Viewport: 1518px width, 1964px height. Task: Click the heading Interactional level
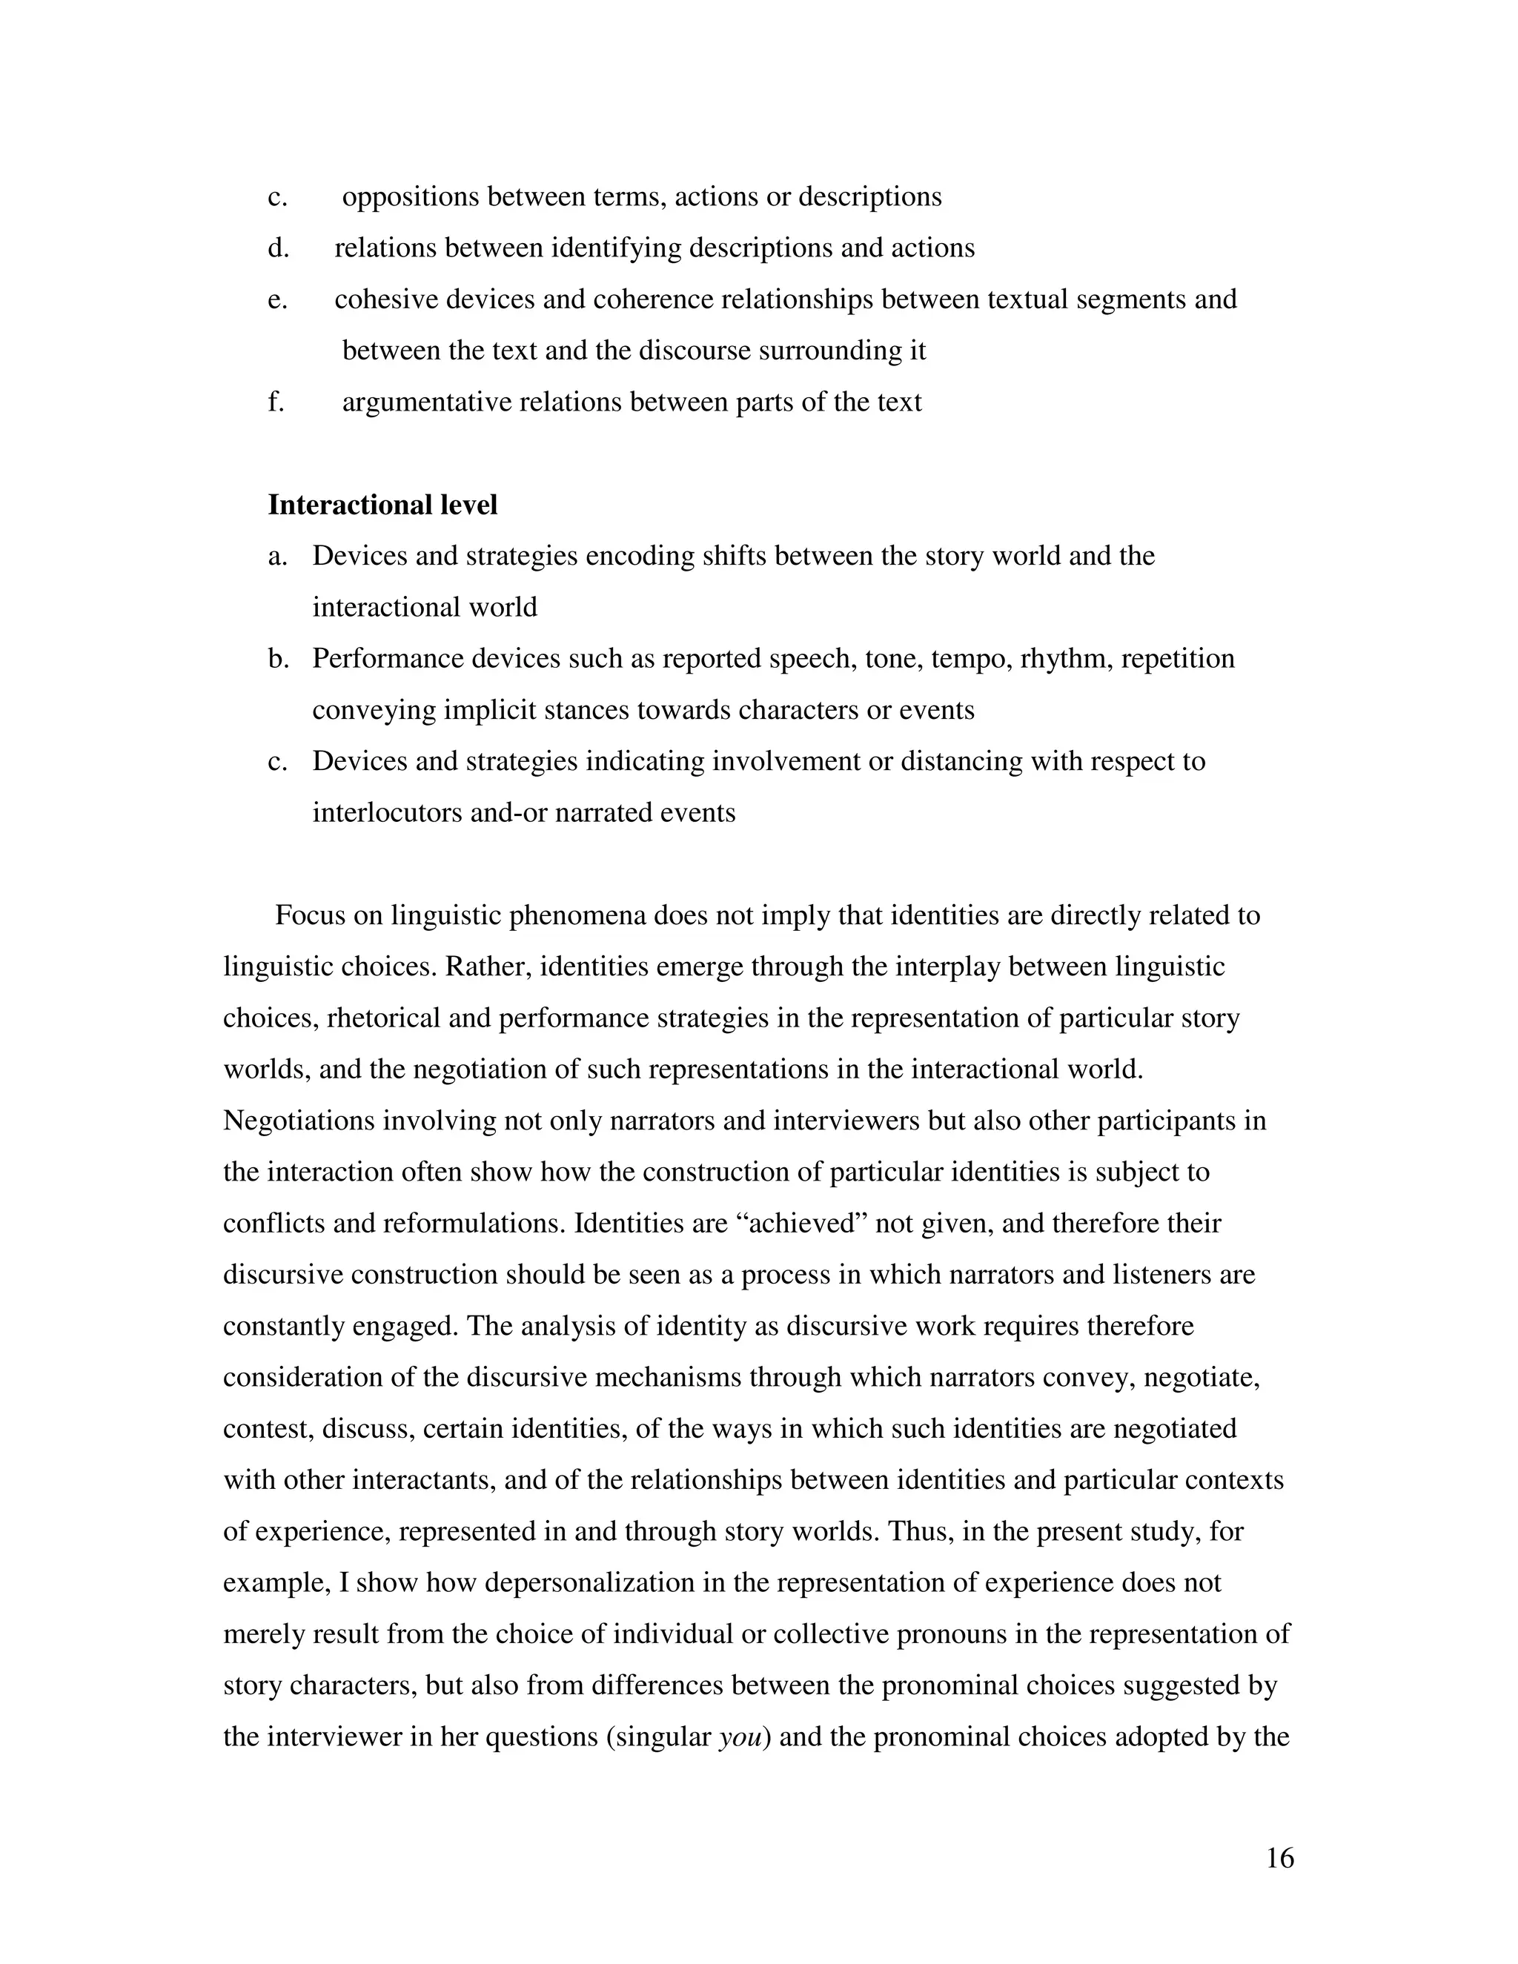[x=382, y=505]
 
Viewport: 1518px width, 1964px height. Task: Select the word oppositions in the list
[x=410, y=197]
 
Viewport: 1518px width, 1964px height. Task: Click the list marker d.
[x=278, y=248]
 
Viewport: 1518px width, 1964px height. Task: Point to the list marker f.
[x=276, y=402]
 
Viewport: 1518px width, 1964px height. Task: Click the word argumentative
[x=427, y=402]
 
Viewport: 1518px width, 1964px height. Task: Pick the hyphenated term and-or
[x=508, y=813]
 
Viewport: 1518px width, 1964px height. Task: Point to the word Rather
[x=488, y=966]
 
